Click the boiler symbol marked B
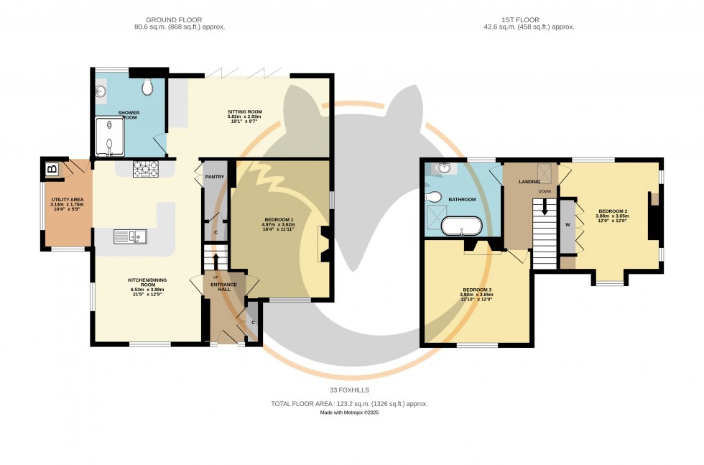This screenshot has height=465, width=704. pyautogui.click(x=52, y=170)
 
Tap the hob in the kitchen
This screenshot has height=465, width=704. pyautogui.click(x=146, y=169)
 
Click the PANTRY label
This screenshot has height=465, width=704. pyautogui.click(x=215, y=176)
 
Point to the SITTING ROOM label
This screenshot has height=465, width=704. pyautogui.click(x=245, y=112)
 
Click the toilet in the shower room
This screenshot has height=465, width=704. pyautogui.click(x=148, y=88)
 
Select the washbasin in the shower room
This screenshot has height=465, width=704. pyautogui.click(x=100, y=91)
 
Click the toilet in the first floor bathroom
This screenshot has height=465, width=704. pyautogui.click(x=433, y=196)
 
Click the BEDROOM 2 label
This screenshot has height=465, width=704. pyautogui.click(x=612, y=211)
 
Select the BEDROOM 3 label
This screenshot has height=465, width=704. pyautogui.click(x=477, y=290)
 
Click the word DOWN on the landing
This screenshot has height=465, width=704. pyautogui.click(x=545, y=192)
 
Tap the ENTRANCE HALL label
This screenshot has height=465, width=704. pyautogui.click(x=223, y=286)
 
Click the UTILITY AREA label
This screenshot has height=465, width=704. pyautogui.click(x=68, y=199)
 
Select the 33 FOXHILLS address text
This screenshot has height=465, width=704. pyautogui.click(x=349, y=390)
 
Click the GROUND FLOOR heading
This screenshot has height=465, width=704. pyautogui.click(x=174, y=19)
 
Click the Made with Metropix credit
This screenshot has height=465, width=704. pyautogui.click(x=349, y=413)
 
